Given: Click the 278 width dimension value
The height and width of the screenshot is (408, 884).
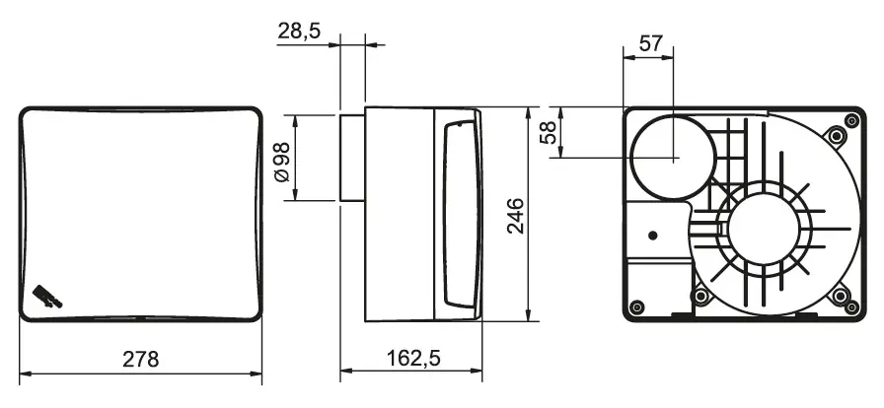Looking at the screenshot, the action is point(141,359).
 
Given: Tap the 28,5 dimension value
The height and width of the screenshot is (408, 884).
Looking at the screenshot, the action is point(299,31).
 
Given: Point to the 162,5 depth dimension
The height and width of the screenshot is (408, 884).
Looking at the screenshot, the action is point(413,358).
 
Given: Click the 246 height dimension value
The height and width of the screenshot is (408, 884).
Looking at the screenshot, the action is point(515,216).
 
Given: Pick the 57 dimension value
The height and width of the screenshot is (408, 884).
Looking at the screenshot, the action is point(650,43).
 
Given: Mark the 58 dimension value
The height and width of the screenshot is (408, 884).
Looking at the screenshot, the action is point(549,133).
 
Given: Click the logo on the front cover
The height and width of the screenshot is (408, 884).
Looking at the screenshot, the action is point(47,297).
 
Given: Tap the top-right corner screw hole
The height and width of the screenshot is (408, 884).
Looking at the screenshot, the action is point(852,119).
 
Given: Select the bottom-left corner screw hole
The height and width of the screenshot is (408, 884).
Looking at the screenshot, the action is point(636,307).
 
